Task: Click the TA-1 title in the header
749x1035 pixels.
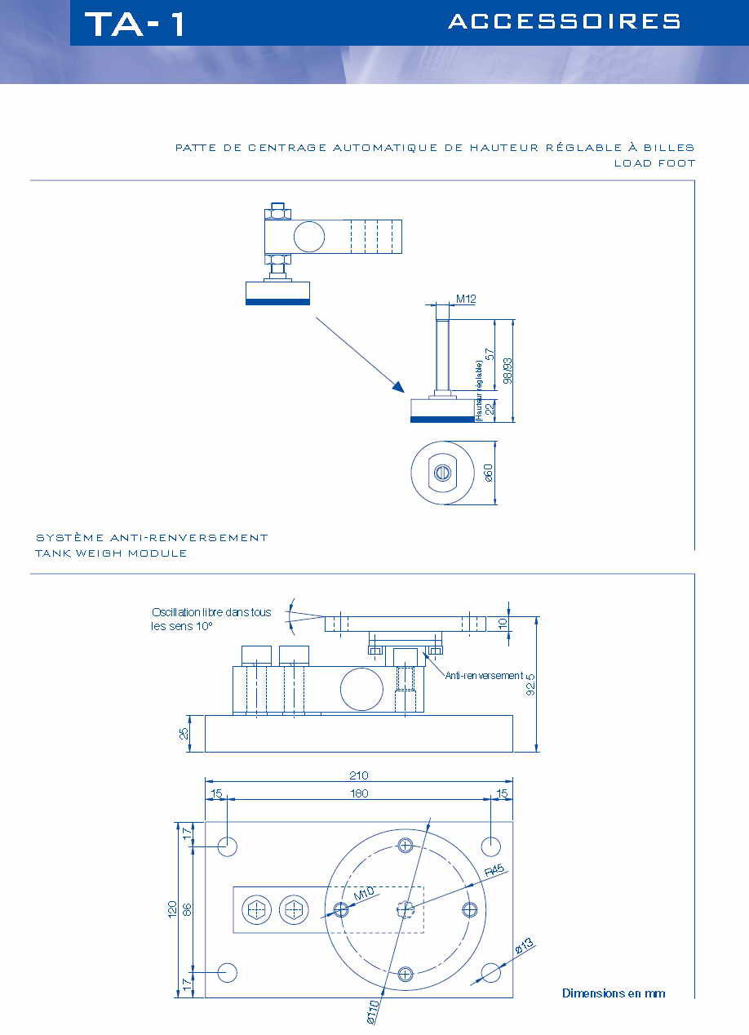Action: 135,24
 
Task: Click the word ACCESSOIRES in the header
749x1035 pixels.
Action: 565,22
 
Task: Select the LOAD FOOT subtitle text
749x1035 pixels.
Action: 654,163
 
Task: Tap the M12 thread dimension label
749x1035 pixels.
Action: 466,300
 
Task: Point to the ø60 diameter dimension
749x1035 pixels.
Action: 489,473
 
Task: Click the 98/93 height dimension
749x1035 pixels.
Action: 507,370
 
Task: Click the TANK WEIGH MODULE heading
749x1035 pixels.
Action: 111,553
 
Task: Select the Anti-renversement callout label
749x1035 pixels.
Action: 485,676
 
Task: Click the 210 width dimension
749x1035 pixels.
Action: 359,775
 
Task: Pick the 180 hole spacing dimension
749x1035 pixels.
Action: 359,793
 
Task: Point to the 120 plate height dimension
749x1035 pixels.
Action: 172,908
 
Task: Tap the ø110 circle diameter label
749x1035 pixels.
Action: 373,1011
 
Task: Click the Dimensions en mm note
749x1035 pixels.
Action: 614,993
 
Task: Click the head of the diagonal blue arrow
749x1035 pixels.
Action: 397,385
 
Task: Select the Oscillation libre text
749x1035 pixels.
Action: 211,612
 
